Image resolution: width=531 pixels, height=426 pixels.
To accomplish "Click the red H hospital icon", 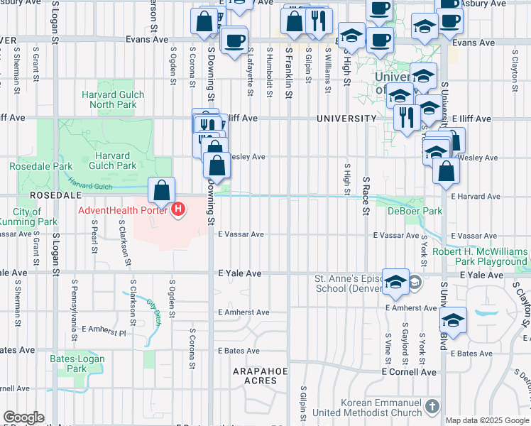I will [x=178, y=209].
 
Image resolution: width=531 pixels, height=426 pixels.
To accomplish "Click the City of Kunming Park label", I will [x=28, y=217].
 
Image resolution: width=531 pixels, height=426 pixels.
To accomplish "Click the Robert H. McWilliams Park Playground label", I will [x=481, y=257].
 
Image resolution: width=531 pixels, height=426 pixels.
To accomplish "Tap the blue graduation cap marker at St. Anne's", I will [x=395, y=282].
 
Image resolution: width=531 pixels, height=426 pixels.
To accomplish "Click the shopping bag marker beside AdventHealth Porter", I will [x=162, y=190].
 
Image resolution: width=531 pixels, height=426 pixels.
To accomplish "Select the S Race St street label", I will [x=366, y=196].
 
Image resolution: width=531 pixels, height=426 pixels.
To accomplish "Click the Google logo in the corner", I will [x=23, y=417].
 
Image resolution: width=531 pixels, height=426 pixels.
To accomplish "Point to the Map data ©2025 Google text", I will [x=487, y=420].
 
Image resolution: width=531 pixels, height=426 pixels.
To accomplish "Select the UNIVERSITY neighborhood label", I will [x=346, y=118].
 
